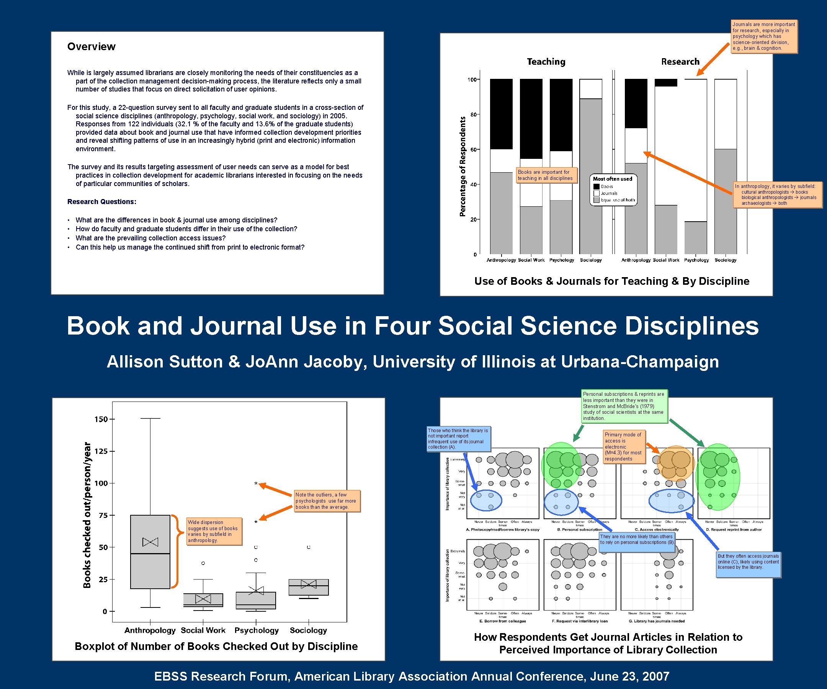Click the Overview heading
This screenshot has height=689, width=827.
(x=92, y=46)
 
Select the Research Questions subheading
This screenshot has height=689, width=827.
(x=101, y=202)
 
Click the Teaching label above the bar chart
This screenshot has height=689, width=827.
(x=546, y=61)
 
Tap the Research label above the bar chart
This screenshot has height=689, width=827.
(x=680, y=61)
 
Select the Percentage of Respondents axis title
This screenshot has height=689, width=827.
(x=463, y=167)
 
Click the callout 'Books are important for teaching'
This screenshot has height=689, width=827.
(x=547, y=175)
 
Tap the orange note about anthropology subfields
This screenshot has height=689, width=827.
(x=777, y=194)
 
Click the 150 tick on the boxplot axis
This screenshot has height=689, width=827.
(x=101, y=419)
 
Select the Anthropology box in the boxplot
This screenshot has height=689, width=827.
(x=150, y=551)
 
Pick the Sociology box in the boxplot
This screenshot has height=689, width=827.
(x=308, y=587)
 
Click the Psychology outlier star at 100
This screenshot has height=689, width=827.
(x=256, y=484)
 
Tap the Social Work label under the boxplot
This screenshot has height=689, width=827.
(x=203, y=630)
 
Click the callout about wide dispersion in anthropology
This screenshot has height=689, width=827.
(x=214, y=531)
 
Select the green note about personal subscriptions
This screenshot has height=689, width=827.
(x=624, y=406)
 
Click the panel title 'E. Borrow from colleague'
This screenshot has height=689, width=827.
(x=502, y=621)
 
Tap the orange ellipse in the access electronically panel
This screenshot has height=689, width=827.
(x=675, y=464)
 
